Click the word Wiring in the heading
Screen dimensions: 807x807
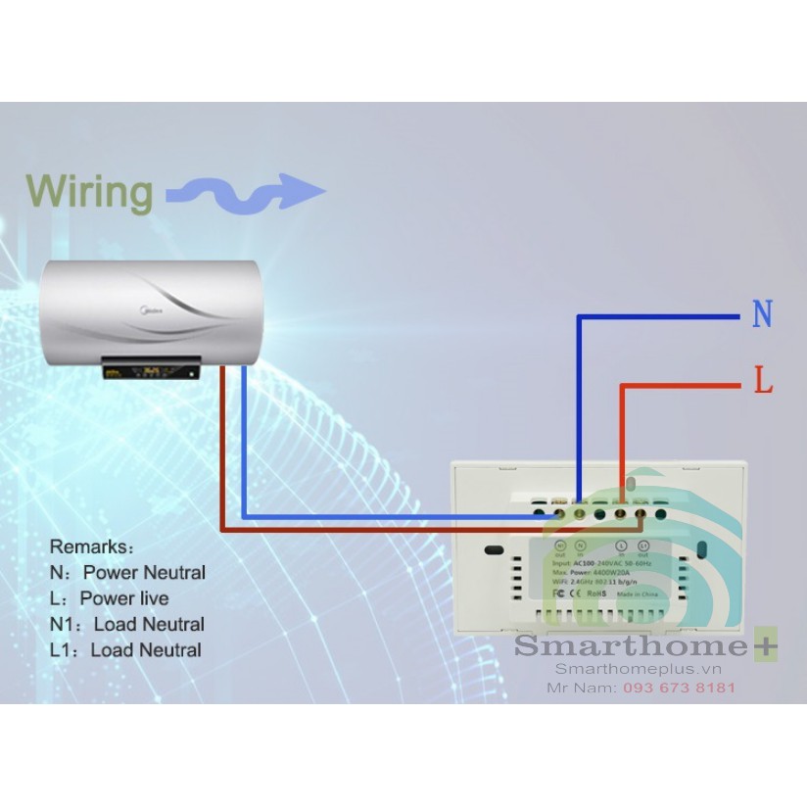[89, 191]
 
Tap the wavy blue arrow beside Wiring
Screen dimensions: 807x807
[245, 192]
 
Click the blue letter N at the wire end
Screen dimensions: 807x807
[762, 315]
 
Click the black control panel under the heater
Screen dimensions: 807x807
[153, 369]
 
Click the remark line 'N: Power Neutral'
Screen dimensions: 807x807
[127, 572]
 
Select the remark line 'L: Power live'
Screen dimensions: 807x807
[109, 598]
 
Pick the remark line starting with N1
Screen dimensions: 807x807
[127, 624]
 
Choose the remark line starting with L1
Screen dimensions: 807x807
[125, 649]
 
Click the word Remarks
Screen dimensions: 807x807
[92, 546]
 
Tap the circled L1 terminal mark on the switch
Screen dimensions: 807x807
[643, 545]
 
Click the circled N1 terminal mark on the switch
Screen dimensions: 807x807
[560, 545]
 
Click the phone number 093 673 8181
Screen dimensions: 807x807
[679, 688]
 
